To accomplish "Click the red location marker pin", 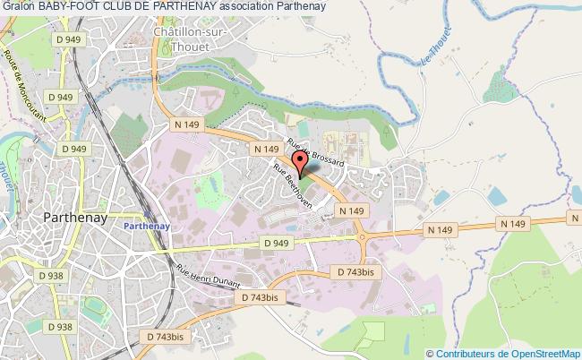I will point(301,161).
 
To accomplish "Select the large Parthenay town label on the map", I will point(76,218).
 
